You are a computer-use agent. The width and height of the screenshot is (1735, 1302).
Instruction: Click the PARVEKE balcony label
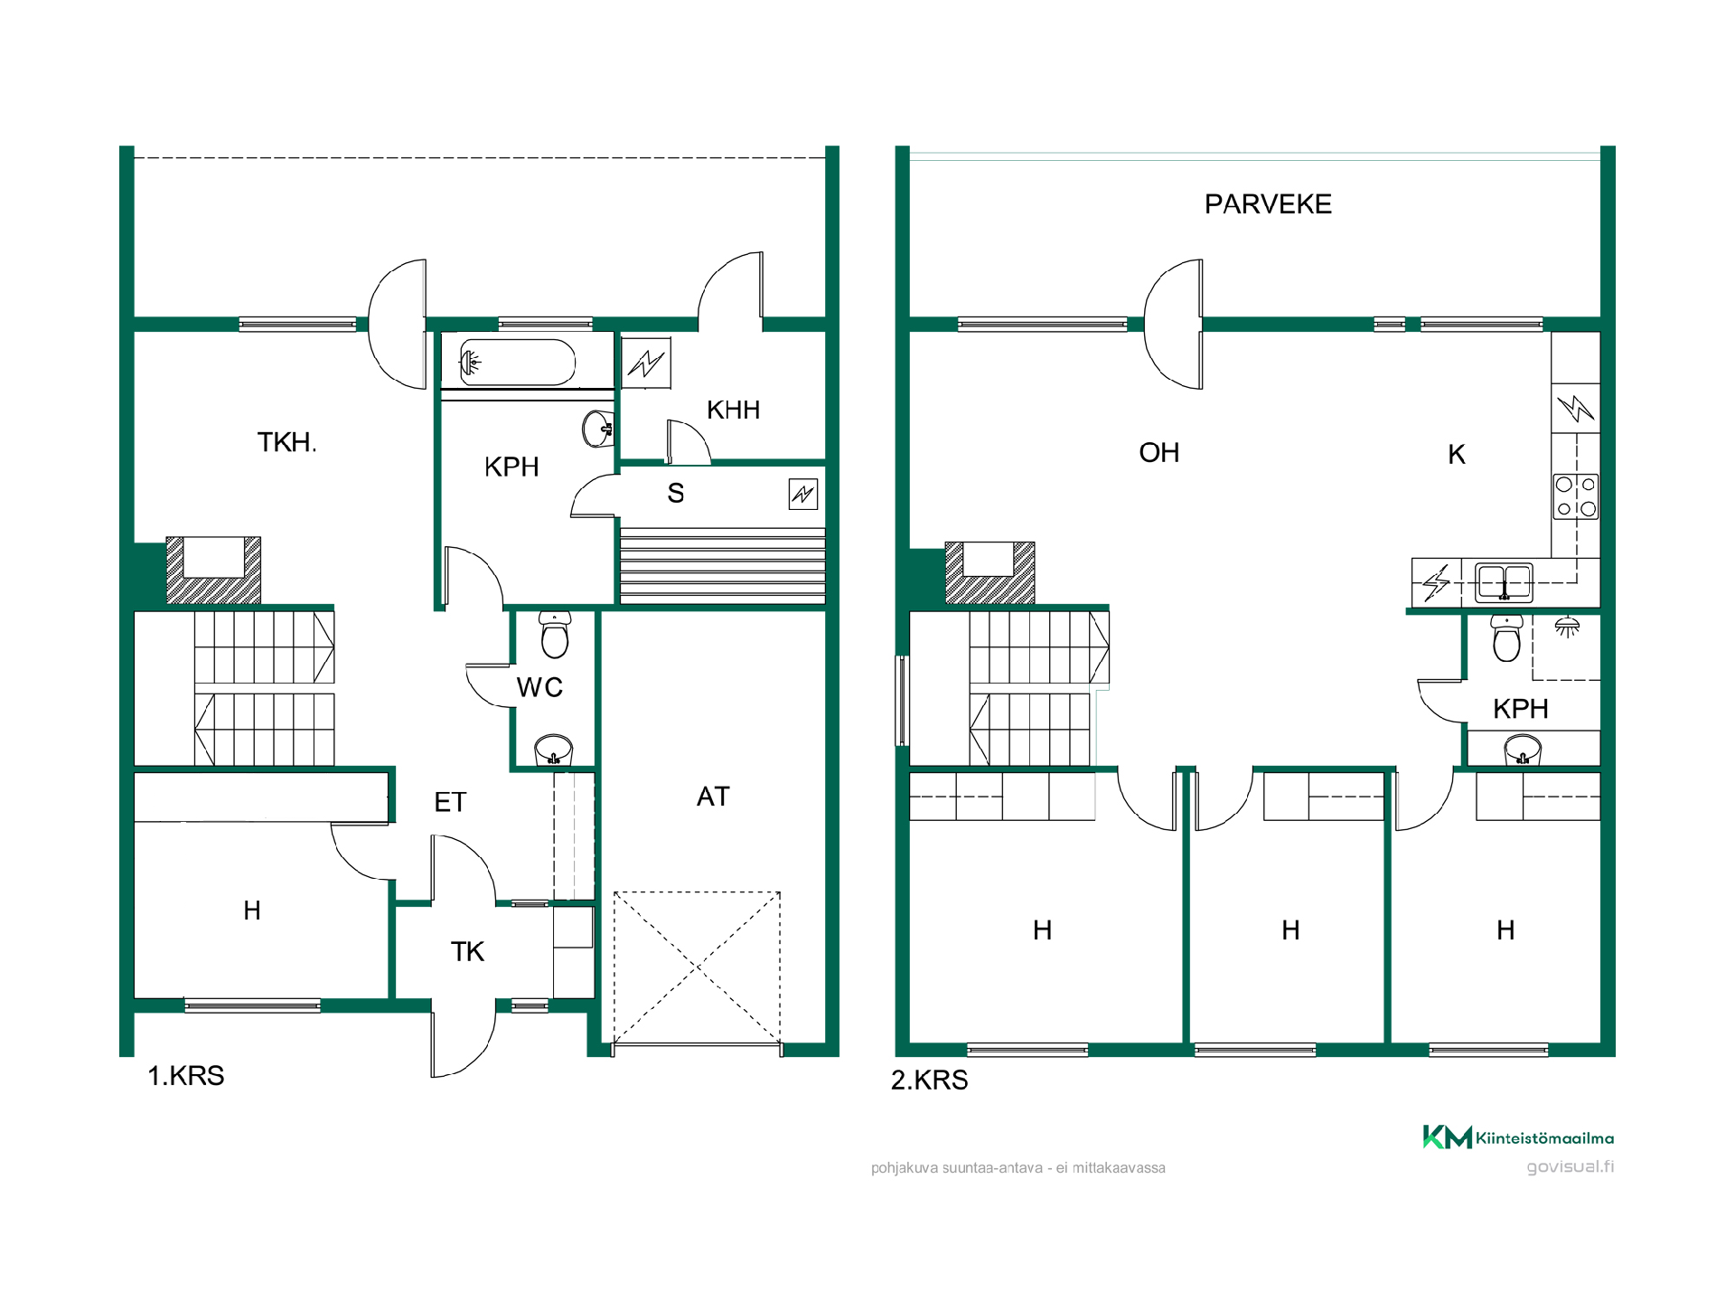coord(1268,204)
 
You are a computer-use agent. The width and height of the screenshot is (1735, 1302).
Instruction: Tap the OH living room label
coord(1159,452)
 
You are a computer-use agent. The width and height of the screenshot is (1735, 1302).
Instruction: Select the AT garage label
coord(713,797)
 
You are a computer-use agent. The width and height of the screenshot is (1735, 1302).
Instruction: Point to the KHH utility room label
coord(733,410)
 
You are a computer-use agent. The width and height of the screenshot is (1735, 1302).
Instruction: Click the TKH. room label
coord(286,442)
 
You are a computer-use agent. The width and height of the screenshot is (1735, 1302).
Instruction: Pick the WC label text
coord(539,687)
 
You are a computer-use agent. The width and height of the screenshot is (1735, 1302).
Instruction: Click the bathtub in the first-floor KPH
coord(517,363)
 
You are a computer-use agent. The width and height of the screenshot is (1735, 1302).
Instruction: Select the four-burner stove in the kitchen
coord(1576,496)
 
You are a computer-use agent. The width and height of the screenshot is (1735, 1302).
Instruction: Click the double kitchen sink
coord(1504,582)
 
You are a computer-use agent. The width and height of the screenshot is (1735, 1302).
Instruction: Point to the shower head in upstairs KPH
coord(1568,627)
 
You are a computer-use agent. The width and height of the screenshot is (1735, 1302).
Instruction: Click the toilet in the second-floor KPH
coord(1506,638)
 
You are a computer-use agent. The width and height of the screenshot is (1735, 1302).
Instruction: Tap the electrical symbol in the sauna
coord(802,494)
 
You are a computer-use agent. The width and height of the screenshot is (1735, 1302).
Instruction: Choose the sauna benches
coord(722,566)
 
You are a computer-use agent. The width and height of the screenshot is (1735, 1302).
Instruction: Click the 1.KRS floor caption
coord(185,1076)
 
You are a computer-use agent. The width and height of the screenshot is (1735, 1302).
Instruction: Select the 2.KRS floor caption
coord(929,1080)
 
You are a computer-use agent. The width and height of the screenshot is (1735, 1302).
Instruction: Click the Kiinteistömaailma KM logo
coord(1518,1137)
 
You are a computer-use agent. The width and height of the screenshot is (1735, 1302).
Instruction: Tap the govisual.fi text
coord(1571,1166)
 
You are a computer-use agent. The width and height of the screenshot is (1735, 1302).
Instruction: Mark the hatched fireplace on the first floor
coord(213,571)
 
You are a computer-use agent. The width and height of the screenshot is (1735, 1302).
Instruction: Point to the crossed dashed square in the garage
coord(697,968)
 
